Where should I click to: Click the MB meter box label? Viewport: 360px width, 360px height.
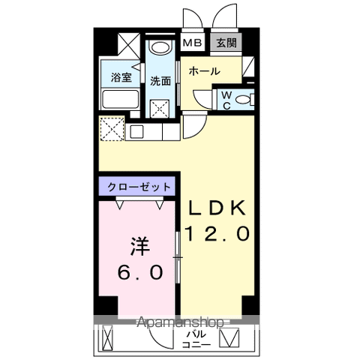[192, 43]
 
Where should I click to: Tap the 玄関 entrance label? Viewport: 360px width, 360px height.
[226, 43]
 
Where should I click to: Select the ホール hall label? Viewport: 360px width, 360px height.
[204, 72]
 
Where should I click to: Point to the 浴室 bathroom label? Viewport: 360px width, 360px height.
[121, 77]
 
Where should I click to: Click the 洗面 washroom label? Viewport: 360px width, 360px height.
[159, 80]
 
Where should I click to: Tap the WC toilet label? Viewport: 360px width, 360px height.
[226, 99]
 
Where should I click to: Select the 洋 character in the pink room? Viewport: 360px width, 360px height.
[139, 245]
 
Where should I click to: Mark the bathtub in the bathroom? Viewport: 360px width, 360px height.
[117, 99]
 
